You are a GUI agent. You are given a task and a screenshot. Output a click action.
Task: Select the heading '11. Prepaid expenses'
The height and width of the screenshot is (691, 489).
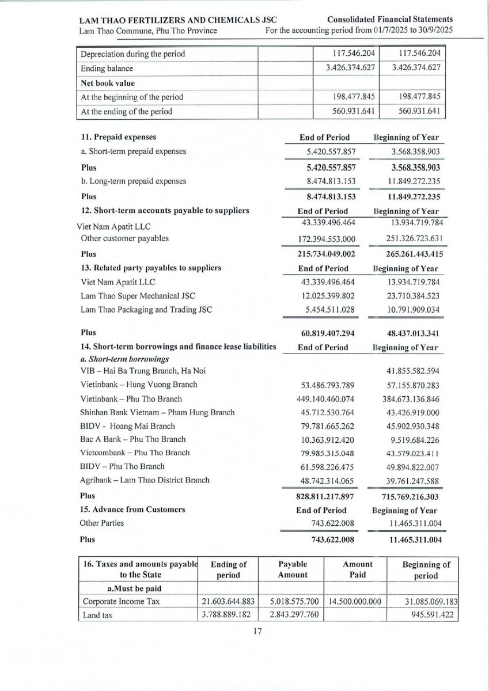119,138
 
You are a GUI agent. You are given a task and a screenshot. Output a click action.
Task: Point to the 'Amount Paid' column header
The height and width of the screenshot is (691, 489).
358,569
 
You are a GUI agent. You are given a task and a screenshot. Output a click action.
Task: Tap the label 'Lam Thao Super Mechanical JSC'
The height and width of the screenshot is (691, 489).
138,296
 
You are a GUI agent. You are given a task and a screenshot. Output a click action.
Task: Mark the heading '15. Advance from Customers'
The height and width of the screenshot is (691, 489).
133,510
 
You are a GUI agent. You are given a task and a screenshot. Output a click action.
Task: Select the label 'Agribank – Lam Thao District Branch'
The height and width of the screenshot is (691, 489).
145,480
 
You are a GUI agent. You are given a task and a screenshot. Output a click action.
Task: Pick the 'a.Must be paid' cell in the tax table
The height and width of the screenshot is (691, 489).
137,589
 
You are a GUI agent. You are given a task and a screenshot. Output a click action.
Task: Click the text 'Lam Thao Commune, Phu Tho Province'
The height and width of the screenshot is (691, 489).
148,31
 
